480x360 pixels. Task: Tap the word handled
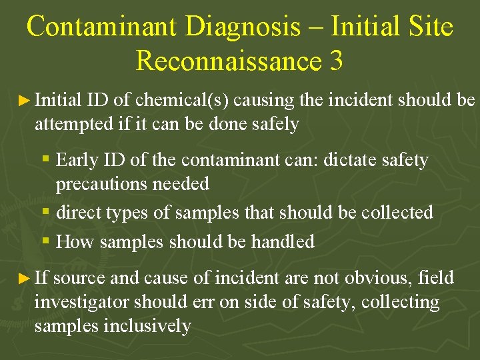(283, 241)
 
